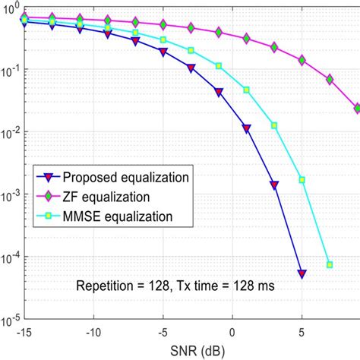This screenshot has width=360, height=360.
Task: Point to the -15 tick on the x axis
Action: point(24,332)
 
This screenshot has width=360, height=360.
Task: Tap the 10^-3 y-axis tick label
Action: point(11,195)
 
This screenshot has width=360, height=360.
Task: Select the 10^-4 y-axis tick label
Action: point(11,258)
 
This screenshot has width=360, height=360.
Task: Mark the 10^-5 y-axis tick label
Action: point(11,320)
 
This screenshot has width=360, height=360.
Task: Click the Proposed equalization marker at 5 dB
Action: point(302,273)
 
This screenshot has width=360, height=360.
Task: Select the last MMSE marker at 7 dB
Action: point(330,264)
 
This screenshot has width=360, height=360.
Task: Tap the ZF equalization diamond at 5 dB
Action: point(302,59)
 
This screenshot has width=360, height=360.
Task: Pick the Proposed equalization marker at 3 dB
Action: point(274,185)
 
